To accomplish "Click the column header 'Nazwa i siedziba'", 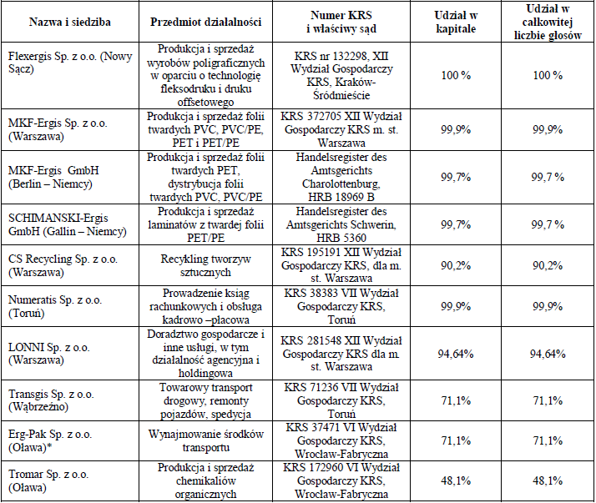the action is pos(70,22).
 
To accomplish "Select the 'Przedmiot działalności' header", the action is pos(205,22).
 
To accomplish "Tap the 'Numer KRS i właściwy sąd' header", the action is pos(341,22).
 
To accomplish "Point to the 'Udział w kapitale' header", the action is pos(456,22).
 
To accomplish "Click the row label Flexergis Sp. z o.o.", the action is pos(70,63).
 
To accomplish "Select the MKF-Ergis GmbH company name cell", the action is pos(53,177).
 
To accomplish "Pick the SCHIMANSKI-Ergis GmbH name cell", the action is pos(68,224).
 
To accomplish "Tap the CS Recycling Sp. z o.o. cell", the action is pos(63,265).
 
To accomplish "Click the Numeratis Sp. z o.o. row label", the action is pos(55,307).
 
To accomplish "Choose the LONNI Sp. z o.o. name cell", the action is pos(49,354).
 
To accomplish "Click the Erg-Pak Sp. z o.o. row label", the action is pos(50,440).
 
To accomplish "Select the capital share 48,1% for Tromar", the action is pos(456,481).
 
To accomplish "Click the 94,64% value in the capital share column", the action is pos(456,354).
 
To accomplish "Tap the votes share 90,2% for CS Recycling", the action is pos(548,265).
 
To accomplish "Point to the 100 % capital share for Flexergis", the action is pos(456,75).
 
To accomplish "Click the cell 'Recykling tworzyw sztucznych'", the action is pos(205,265).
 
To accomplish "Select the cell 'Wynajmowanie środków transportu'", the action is pos(205,440).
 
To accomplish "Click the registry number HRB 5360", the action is pos(341,238).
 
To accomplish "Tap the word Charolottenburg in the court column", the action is pos(341,184).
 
